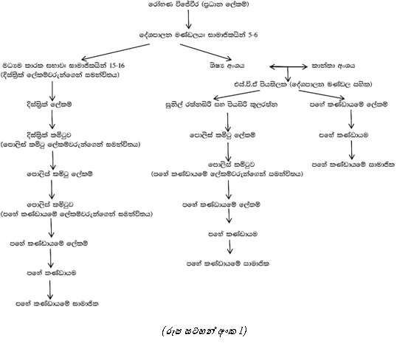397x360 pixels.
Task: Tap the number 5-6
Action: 253,35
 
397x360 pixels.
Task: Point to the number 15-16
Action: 117,66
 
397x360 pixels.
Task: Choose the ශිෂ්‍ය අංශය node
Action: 227,66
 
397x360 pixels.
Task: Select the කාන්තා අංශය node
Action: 334,66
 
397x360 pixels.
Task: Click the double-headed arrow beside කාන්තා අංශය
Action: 288,67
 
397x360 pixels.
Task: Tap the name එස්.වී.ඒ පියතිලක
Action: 260,84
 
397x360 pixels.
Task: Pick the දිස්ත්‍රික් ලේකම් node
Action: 49,104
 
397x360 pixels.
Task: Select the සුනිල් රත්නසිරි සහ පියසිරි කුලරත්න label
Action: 221,104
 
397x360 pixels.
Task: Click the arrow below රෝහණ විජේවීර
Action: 188,19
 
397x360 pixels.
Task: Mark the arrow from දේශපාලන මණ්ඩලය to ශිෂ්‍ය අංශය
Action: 206,52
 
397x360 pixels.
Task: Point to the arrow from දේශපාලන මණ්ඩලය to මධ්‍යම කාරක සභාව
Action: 115,52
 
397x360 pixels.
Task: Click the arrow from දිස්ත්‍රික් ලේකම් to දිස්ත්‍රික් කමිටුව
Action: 52,120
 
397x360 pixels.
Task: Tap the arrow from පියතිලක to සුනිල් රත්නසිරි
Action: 236,95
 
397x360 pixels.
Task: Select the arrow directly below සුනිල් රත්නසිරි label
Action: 227,122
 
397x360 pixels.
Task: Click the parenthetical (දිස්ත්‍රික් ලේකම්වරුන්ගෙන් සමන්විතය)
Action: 60,75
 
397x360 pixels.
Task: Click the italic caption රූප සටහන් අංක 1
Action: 204,331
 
